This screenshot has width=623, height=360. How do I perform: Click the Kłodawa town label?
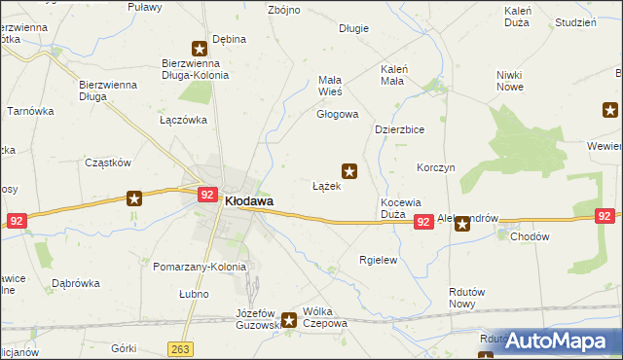(x=248, y=201)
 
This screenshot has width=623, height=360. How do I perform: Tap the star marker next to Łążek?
(x=349, y=172)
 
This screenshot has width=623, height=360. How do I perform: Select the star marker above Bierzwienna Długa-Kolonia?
(x=199, y=48)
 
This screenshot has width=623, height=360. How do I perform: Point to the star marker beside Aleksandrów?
(x=462, y=224)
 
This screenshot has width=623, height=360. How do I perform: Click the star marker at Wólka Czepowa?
(x=289, y=319)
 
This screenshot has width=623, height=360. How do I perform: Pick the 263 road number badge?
(x=179, y=348)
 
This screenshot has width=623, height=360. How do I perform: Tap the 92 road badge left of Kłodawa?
(x=206, y=195)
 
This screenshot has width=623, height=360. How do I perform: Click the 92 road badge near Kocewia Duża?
(x=422, y=223)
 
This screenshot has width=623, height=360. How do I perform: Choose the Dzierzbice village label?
(x=400, y=129)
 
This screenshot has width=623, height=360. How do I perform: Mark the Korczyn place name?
(x=435, y=167)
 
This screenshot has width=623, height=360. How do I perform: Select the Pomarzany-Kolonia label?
(x=201, y=267)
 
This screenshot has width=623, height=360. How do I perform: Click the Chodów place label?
(x=530, y=236)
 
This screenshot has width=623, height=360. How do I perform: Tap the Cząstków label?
(x=108, y=163)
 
